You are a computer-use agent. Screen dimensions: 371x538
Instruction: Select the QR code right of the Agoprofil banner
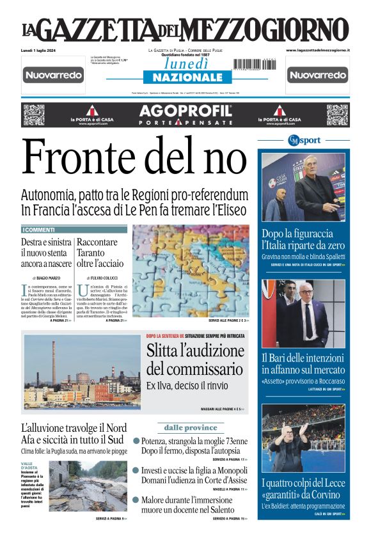tap(337, 115)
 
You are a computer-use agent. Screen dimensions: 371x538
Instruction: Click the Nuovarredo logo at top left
tap(54, 75)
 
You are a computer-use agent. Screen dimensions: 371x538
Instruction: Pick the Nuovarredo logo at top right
tap(318, 75)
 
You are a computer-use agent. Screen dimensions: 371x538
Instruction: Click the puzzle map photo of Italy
tap(191, 270)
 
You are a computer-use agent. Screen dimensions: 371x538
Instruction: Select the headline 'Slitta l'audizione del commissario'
tap(195, 360)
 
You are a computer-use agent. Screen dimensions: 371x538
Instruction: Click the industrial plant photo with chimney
tap(81, 372)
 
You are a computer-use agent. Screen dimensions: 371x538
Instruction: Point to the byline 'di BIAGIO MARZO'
tap(47, 278)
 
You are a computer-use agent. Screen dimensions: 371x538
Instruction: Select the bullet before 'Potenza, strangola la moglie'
tap(136, 441)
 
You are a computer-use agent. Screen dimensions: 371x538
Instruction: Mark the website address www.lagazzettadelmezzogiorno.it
tap(318, 49)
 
